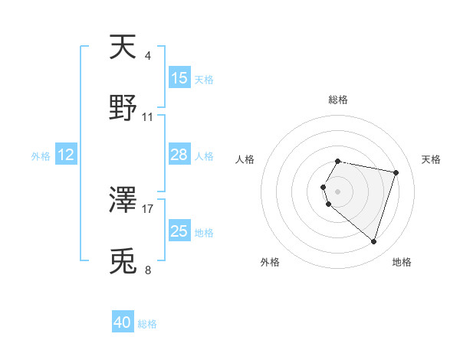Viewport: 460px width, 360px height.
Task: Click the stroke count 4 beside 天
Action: click(x=147, y=56)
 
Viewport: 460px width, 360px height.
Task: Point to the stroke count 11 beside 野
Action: click(x=148, y=117)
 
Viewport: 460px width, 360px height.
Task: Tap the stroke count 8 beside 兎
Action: click(x=147, y=270)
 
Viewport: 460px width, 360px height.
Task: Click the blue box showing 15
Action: click(x=179, y=78)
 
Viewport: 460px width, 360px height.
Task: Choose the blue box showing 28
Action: click(x=179, y=155)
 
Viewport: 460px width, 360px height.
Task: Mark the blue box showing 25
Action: click(x=179, y=231)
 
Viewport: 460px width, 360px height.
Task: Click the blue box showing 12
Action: click(x=66, y=155)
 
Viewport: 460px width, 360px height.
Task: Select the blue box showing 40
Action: click(x=123, y=323)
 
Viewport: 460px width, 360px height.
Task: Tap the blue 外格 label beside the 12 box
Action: click(x=41, y=155)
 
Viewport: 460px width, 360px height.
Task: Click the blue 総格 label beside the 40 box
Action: click(x=147, y=324)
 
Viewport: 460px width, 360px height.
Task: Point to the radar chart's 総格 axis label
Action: click(x=338, y=100)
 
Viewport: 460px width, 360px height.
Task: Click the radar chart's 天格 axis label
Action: click(x=432, y=159)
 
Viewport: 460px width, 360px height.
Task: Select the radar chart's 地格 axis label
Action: click(x=402, y=262)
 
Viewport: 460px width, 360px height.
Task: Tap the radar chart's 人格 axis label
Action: click(x=245, y=159)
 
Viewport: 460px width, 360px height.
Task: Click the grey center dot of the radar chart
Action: click(x=338, y=191)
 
